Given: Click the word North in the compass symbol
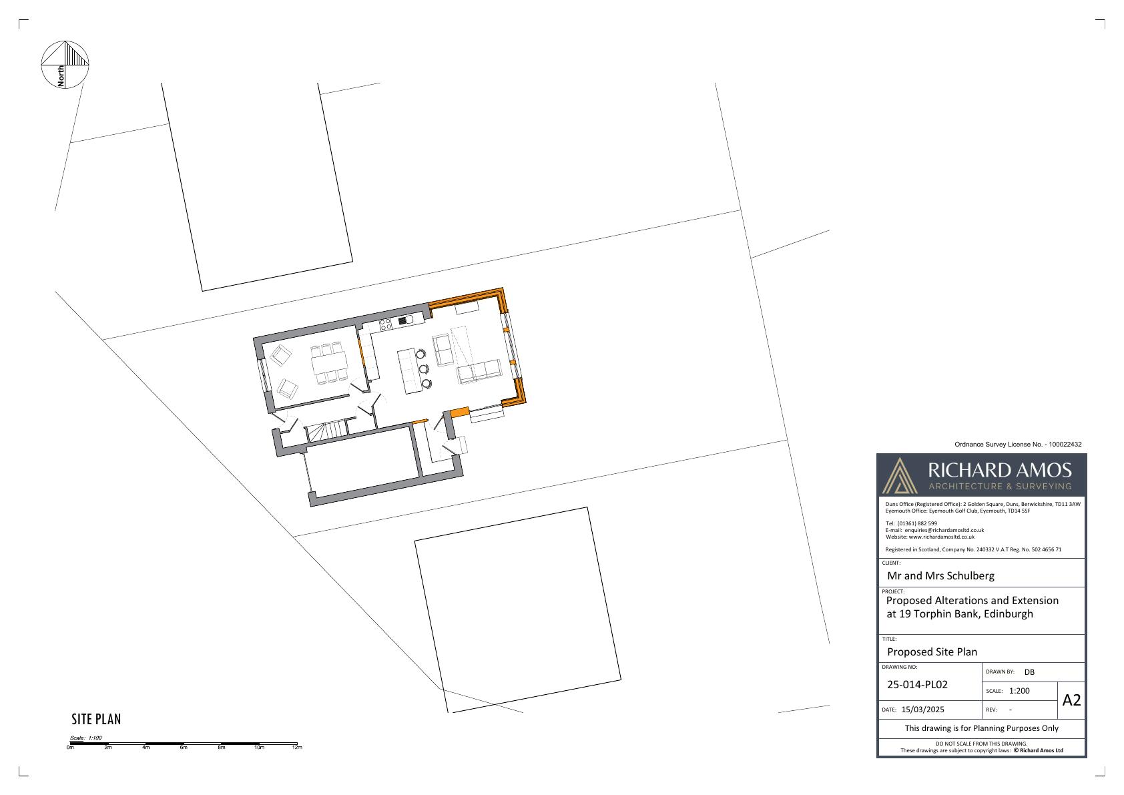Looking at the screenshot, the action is [x=61, y=76].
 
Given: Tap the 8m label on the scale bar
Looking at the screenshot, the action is [x=222, y=748].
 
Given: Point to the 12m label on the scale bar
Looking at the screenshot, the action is [x=297, y=748].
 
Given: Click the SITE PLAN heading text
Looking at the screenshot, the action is [x=96, y=719].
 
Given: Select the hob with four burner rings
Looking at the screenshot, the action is [x=385, y=324].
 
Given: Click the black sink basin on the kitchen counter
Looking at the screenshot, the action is [x=403, y=320].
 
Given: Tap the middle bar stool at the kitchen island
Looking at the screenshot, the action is [x=424, y=369].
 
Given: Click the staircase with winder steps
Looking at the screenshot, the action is [x=326, y=431].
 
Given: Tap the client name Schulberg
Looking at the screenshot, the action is [x=971, y=575].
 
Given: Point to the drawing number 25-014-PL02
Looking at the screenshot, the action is [x=917, y=685].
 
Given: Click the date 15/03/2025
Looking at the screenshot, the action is [x=923, y=709].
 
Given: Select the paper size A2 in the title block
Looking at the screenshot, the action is [x=1071, y=700].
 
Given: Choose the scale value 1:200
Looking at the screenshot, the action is [x=1019, y=691].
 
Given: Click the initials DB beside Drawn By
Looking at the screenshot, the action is [x=1029, y=672].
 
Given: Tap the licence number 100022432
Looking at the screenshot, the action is [x=1065, y=444].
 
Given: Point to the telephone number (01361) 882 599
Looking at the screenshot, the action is [x=917, y=523].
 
